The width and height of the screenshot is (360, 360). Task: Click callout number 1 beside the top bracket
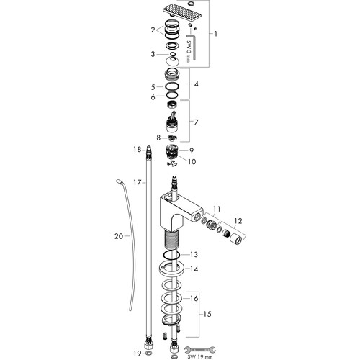coord(216,34)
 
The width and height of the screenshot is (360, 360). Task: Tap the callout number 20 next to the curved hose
coord(119,236)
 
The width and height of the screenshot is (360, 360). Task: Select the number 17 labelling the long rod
coord(138,183)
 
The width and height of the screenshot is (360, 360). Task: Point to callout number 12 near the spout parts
coord(238,221)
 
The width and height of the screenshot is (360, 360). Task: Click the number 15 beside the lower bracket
coord(207,314)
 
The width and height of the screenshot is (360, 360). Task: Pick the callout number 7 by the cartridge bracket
coord(196,122)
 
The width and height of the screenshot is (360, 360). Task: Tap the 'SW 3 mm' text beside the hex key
coord(189,51)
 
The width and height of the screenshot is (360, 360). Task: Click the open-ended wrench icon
coord(199,349)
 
